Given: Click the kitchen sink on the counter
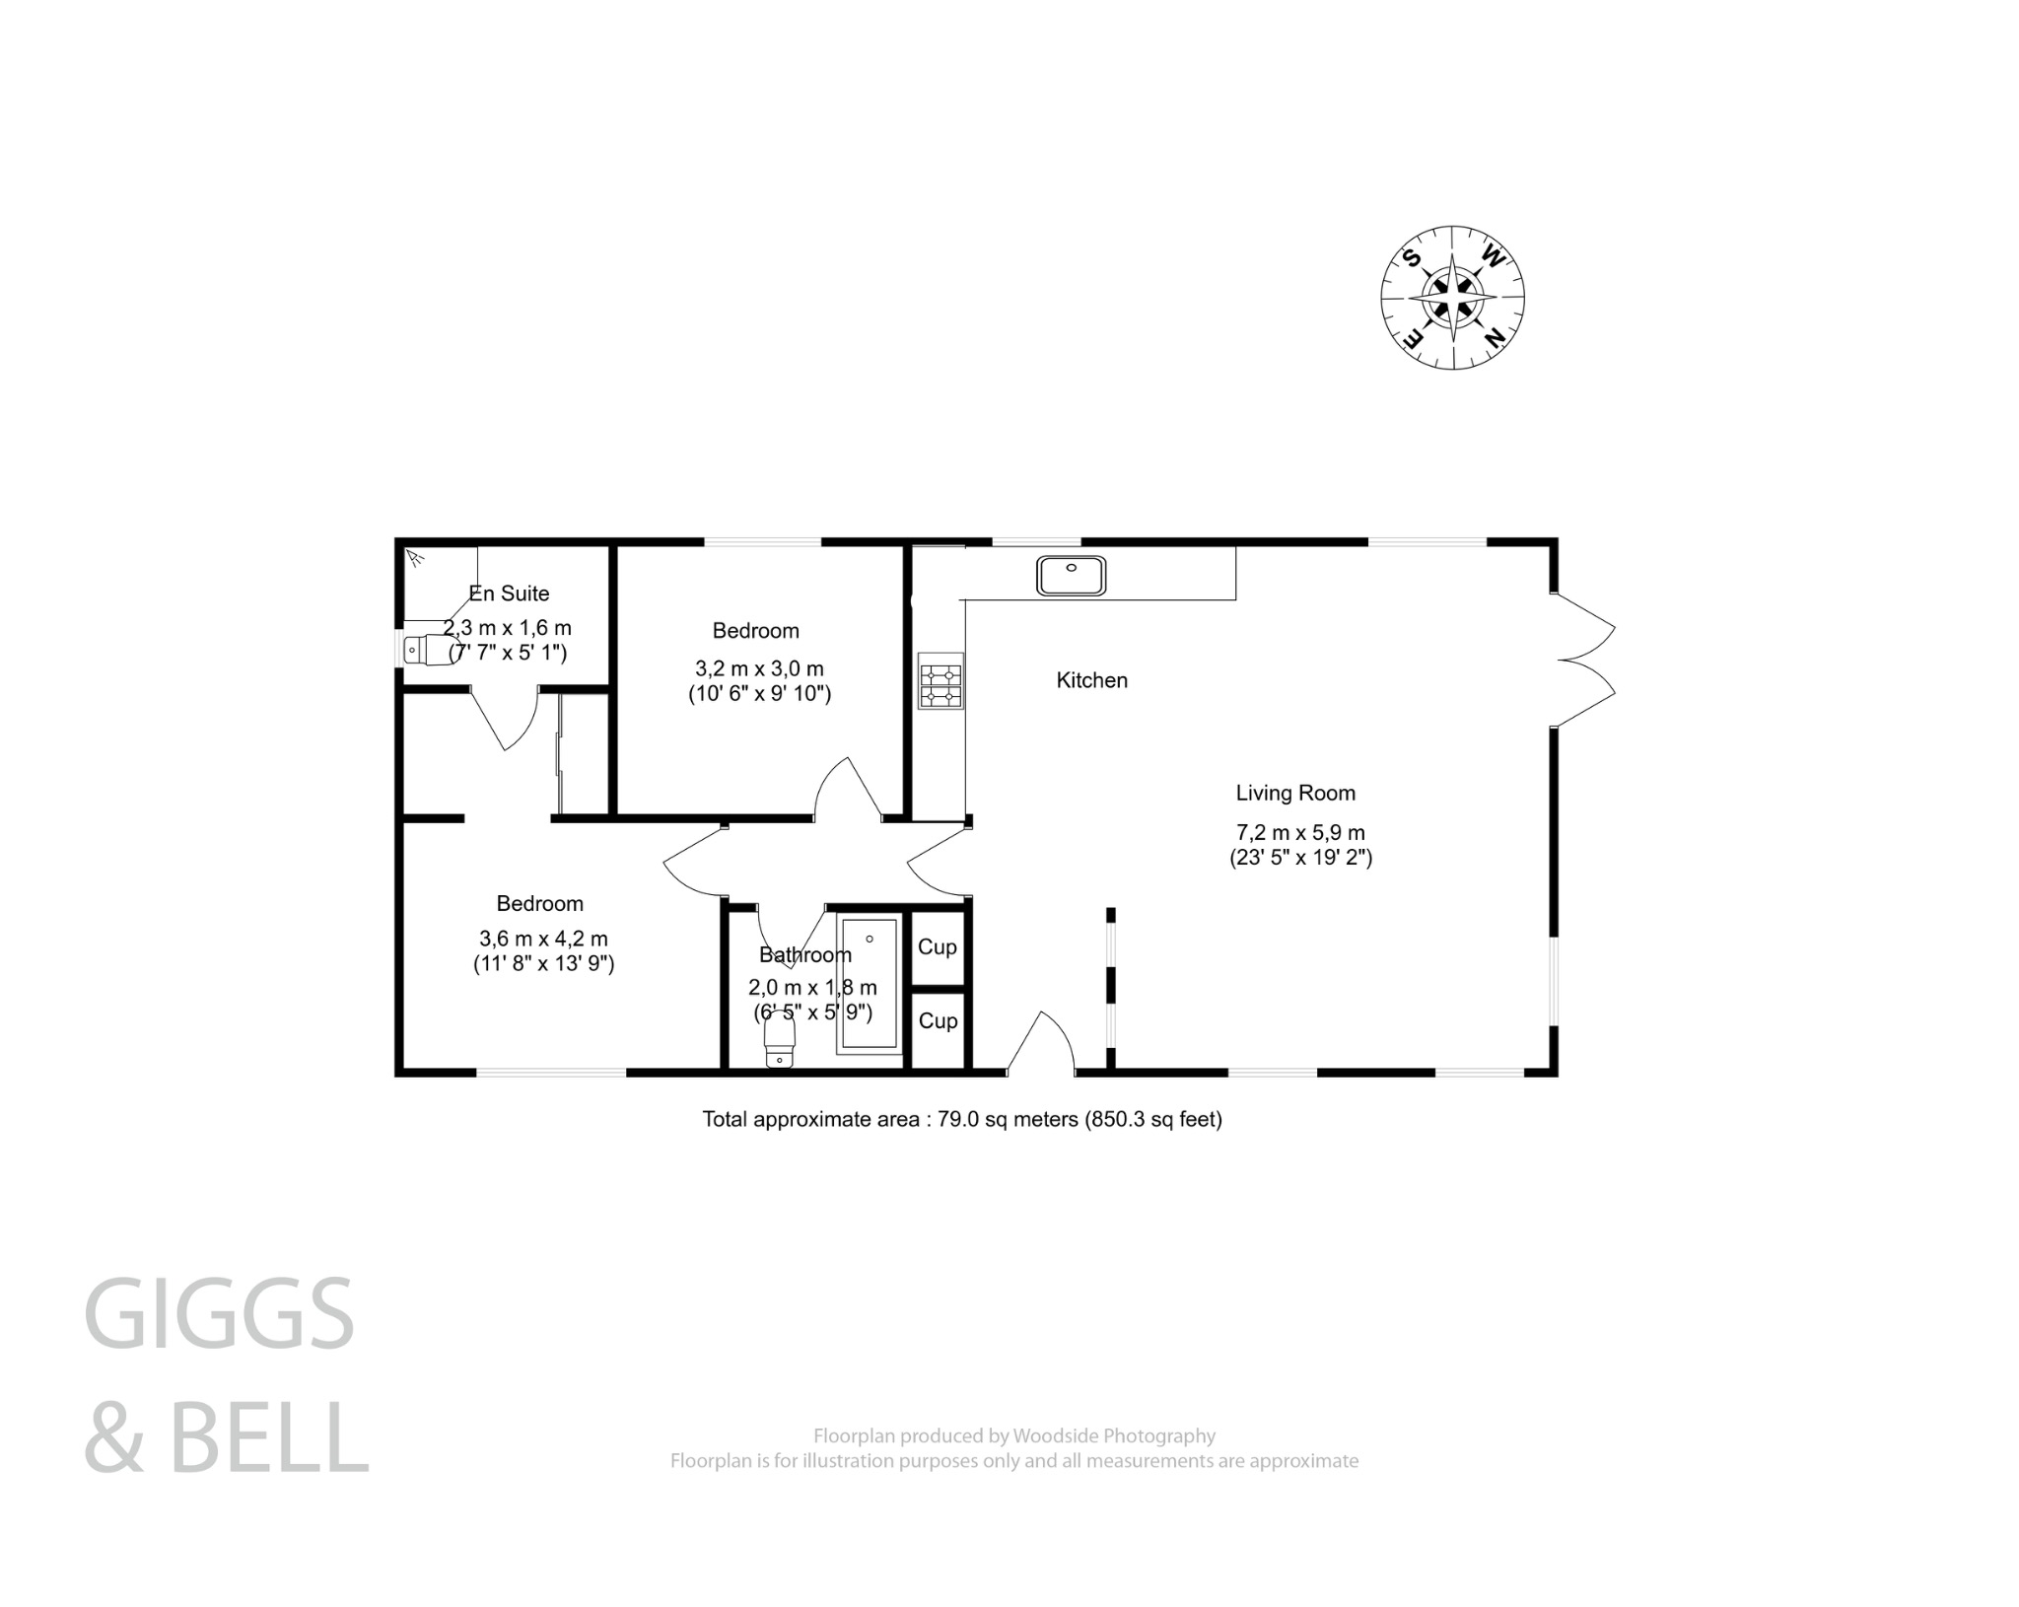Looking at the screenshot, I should pos(1071,575).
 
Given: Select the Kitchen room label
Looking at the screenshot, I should pos(1091,680).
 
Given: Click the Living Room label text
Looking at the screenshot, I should pos(1295,793).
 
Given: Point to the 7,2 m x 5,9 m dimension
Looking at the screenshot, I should pos(1300,832).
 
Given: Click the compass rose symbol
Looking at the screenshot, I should pos(1452,297).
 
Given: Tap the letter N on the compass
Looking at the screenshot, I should pos(1495,338).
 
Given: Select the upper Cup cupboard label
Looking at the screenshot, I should pos(937,947).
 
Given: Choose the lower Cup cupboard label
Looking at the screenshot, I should pos(938,1021).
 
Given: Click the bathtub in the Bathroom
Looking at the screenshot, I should pos(869,983).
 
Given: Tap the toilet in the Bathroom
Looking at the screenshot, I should pos(780,1041).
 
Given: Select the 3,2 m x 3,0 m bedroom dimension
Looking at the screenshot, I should pos(759,669).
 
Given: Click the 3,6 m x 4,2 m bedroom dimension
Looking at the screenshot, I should pos(543,939).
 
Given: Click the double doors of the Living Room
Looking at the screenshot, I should pos(1583,660).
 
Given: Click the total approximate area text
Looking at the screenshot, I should pos(961,1119).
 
